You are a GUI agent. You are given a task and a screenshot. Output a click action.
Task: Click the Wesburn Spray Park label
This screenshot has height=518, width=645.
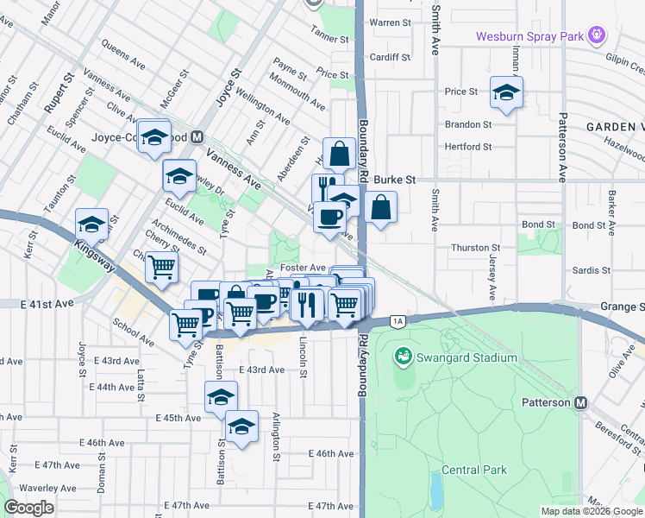pos(528,35)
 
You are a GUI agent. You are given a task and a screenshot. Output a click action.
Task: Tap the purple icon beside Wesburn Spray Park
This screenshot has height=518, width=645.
pos(595,35)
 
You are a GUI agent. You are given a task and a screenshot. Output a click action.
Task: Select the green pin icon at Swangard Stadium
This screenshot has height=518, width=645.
pos(402,356)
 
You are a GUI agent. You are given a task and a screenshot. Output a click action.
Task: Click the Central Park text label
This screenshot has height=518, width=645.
pos(473,470)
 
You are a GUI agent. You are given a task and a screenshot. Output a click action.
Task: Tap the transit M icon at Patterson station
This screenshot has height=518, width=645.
pos(581,402)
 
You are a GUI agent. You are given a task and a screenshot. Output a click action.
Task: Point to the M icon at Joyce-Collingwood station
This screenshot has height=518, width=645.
pos(197,136)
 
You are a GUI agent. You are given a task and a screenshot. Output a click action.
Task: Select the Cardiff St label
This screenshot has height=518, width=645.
pos(391,58)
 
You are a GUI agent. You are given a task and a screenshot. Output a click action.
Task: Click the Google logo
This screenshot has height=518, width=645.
pos(28,507)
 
